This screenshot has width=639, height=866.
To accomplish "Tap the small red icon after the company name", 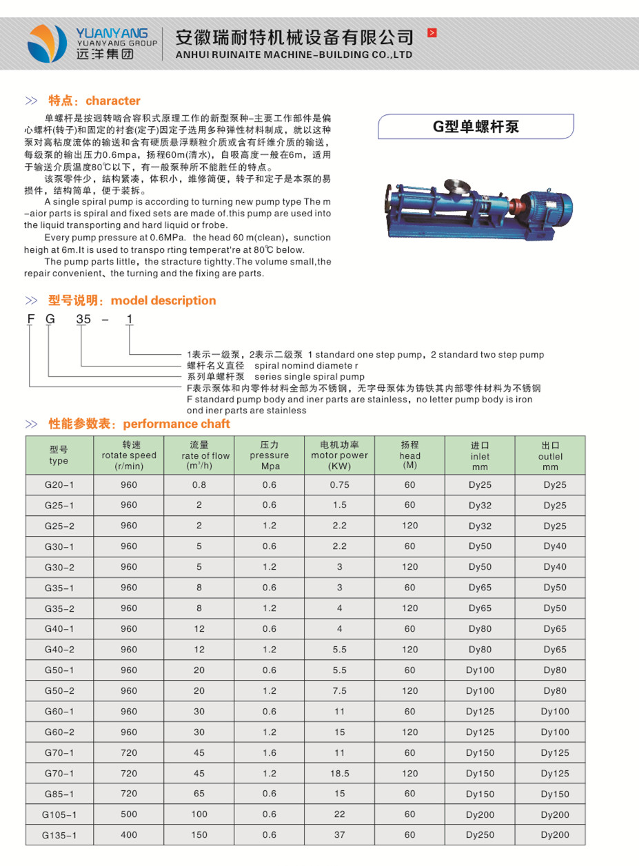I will [x=432, y=32].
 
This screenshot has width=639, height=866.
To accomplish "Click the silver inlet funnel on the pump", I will [x=456, y=187].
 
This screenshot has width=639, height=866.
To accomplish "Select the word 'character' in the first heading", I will [x=113, y=101].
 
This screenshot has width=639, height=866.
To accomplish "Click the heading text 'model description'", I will [x=163, y=300].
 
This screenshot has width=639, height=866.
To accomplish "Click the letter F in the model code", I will [x=30, y=319].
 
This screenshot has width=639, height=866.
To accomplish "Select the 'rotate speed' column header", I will [x=129, y=455].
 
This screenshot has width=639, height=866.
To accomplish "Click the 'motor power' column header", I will [x=339, y=455].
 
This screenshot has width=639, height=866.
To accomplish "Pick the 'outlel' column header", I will [x=550, y=456].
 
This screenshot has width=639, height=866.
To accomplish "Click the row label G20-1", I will [x=59, y=485].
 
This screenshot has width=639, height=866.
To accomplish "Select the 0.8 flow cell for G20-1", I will [x=199, y=485].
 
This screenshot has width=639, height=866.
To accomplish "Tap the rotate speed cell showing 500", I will [x=129, y=814].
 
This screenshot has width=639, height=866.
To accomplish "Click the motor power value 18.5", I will [x=339, y=774].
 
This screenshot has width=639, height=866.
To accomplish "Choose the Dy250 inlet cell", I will [x=480, y=835].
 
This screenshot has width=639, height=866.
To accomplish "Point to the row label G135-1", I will [x=59, y=835].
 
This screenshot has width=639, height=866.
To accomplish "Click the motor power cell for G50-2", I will [x=339, y=691].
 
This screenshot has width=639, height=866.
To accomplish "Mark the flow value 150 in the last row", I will [x=199, y=835].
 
